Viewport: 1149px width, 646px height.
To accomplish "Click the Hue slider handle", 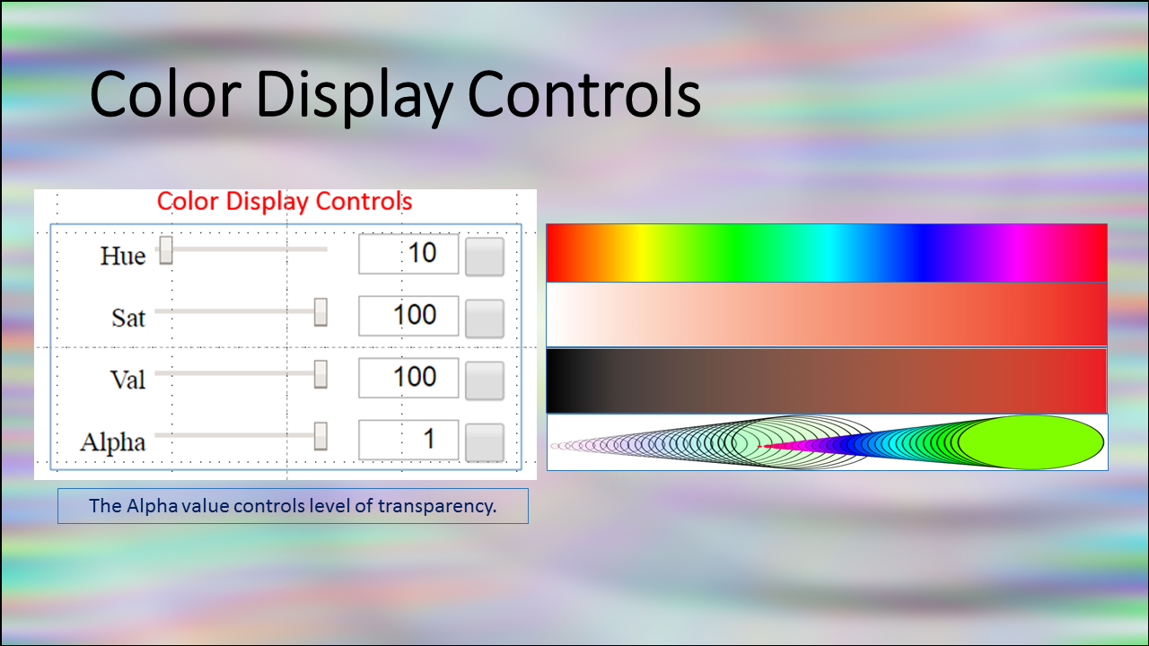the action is coord(166,250).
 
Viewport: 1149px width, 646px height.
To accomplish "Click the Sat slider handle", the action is coord(320,311).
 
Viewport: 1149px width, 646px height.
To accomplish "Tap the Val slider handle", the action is coord(320,374).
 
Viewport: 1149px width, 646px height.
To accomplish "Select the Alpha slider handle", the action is coord(320,436).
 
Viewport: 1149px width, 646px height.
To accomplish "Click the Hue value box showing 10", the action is coord(408,254).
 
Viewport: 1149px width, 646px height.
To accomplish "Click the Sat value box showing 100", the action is coord(408,316).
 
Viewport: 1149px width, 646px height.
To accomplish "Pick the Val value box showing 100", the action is coord(408,378).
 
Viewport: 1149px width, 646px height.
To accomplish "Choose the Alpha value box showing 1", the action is coord(408,440).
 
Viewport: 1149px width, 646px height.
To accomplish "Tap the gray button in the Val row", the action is coord(485,380).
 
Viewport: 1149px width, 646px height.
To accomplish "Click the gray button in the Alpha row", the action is coord(485,442).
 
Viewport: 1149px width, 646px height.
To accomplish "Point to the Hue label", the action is coord(123,256).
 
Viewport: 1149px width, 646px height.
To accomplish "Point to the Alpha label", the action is coord(113,442).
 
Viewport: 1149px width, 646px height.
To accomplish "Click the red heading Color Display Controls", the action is coord(285,202).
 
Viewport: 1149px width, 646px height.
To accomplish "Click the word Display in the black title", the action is coord(354,96).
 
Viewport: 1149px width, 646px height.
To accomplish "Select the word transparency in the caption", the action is coord(437,507).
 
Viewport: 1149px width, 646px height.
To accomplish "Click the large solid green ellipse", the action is coord(1031,442).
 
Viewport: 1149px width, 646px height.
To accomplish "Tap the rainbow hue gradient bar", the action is coord(827,253).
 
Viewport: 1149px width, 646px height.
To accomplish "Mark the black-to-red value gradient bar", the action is coord(827,380).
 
